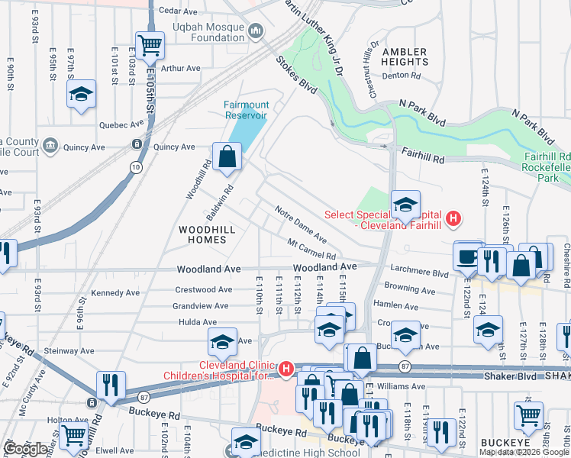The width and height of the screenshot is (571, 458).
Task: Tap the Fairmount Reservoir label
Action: pos(245,110)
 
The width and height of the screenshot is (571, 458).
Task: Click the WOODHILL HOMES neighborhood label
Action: pos(202,234)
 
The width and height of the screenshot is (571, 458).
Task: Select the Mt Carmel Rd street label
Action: pos(311,249)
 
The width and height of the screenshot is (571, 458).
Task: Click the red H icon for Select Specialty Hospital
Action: pos(453,220)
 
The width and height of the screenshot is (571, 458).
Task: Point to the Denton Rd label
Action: pos(402,76)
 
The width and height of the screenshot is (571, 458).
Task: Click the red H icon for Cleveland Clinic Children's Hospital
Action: pos(285,369)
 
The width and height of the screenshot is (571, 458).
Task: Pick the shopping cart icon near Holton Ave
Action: pos(73,434)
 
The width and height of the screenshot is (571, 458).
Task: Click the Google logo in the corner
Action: pos(25,449)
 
